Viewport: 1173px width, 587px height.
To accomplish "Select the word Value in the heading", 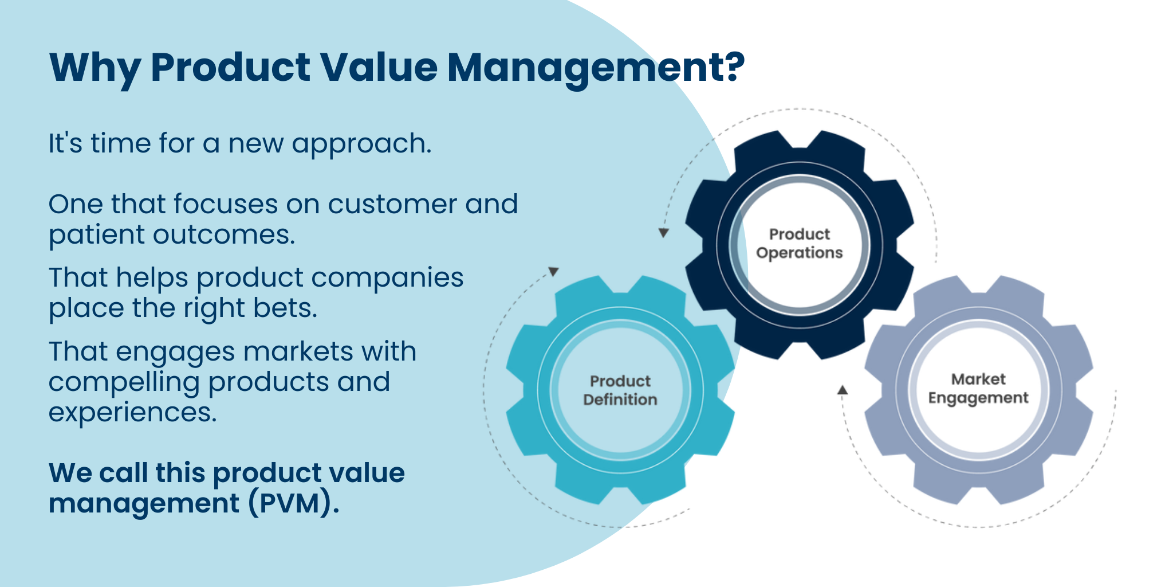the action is coord(379,67).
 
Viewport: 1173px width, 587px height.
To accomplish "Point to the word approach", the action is coord(361,144).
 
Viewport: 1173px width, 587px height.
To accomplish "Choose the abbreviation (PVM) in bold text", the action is coord(294,503).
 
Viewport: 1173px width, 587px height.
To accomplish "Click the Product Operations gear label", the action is coord(800,244).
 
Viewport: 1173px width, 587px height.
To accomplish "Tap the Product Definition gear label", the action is coord(620,390).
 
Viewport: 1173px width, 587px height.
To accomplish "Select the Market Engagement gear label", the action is coord(978,389).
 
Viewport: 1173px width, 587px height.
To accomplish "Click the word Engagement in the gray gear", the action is coord(978,398).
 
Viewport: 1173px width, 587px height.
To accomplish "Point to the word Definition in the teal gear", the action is coord(620,400).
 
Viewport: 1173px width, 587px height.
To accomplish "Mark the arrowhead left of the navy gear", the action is coord(664,233).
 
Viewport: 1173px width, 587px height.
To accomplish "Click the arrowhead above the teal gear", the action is coord(554,271).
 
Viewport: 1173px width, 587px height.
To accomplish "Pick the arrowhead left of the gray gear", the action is coord(843,390).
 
